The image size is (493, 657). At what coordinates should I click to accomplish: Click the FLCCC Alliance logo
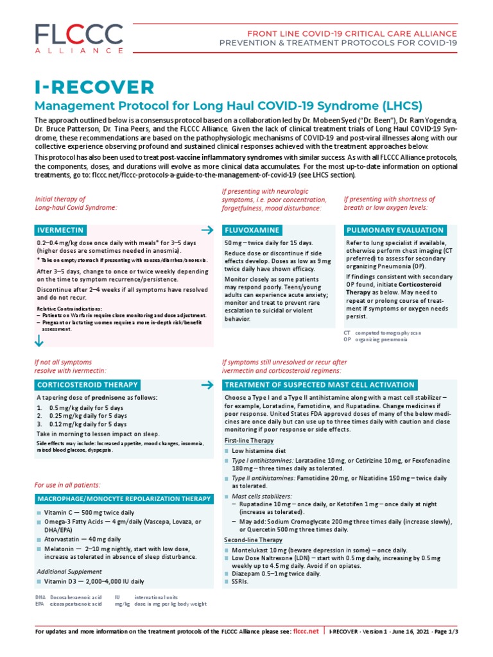point(71,39)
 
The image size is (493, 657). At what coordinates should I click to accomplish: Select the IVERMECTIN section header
point(60,230)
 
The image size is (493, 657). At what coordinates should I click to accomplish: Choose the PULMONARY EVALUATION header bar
point(394,230)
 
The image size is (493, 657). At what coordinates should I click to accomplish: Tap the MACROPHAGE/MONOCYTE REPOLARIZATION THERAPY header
point(123,499)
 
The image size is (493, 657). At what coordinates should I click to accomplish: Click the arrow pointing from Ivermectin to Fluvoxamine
point(207,230)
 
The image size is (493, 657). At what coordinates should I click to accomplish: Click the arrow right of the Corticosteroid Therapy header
point(207,385)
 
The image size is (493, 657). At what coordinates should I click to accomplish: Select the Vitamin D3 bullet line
point(94,581)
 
